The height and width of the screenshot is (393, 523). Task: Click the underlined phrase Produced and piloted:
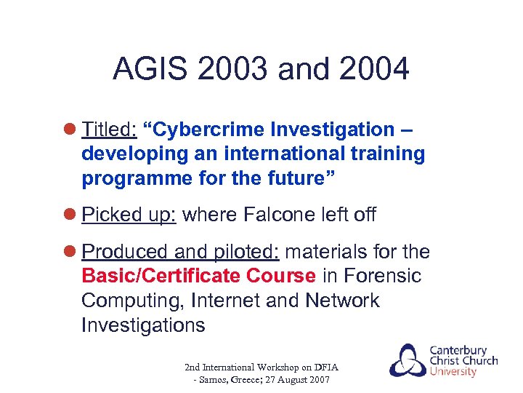coord(181,252)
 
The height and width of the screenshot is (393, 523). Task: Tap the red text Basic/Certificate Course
coord(198,276)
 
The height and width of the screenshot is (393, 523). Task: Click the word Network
coord(342,301)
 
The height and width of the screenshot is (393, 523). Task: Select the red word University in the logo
coord(453,372)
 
